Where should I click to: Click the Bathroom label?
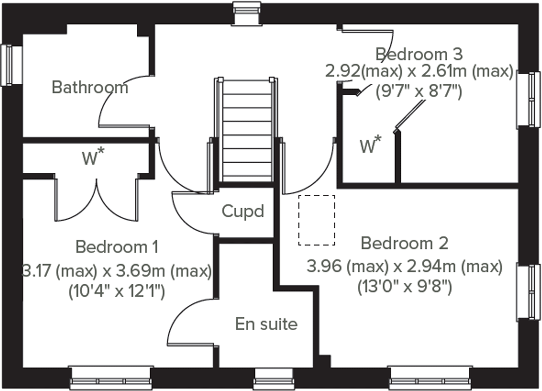pos(90,87)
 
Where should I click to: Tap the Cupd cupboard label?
pos(243,211)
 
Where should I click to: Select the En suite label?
pos(266,324)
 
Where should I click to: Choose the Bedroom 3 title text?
pos(419,54)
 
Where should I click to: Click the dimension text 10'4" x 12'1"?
pos(117,292)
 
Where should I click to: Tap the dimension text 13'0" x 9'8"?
pos(405,286)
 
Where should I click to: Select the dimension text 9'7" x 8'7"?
pos(419,92)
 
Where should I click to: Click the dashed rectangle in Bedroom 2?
pos(317,220)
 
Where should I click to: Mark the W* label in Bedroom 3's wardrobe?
pos(370,145)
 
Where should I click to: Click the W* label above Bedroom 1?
pos(93,157)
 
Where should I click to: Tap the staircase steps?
pos(247,132)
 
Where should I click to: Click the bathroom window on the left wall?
pos(11,65)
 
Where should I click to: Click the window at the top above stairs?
pos(247,13)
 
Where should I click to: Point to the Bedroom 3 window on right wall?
pos(529,100)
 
